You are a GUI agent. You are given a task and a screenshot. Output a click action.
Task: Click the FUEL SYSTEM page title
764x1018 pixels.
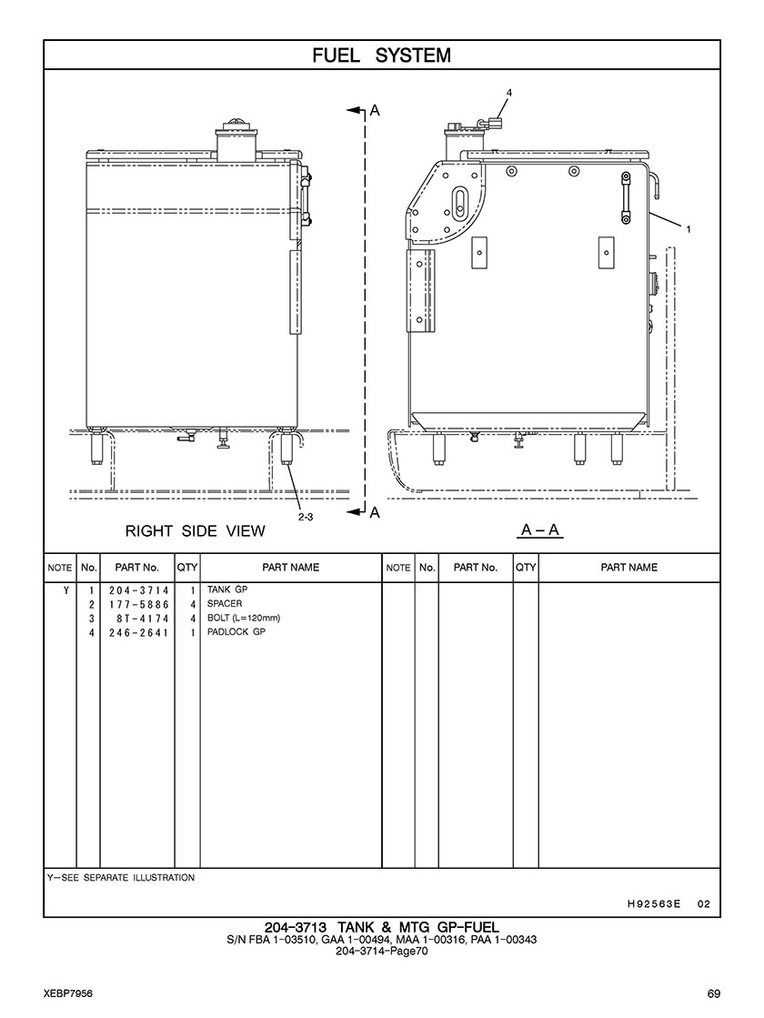tap(382, 55)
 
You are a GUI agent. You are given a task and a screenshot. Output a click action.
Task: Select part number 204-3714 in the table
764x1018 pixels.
tap(138, 590)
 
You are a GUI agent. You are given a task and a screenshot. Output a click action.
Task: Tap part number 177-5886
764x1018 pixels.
tap(138, 604)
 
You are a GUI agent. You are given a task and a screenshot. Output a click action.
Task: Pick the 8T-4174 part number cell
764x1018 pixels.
tap(142, 619)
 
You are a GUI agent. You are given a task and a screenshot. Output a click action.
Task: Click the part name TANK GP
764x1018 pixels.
tap(227, 590)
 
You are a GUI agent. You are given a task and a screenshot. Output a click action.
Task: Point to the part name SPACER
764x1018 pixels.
tap(225, 604)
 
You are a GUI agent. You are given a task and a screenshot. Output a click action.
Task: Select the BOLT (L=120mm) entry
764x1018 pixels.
tap(244, 618)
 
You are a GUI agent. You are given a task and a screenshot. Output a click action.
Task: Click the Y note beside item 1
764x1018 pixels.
tap(66, 590)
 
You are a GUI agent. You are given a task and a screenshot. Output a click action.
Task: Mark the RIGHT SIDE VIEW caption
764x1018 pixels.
tap(196, 531)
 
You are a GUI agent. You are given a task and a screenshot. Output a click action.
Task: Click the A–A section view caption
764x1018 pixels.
tap(540, 530)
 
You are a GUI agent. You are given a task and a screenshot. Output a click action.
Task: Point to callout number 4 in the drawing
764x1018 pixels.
tap(509, 93)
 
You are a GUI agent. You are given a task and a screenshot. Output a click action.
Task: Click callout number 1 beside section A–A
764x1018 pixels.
tap(689, 228)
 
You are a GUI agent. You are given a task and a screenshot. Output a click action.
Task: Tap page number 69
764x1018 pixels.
tap(714, 994)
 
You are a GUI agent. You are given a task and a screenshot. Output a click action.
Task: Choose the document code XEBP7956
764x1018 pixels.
tap(69, 994)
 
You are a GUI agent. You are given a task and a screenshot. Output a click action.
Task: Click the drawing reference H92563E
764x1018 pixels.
tap(654, 903)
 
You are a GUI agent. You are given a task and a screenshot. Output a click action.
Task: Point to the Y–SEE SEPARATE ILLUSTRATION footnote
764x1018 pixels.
tap(121, 878)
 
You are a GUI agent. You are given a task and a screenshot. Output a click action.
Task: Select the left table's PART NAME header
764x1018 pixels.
tap(291, 568)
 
